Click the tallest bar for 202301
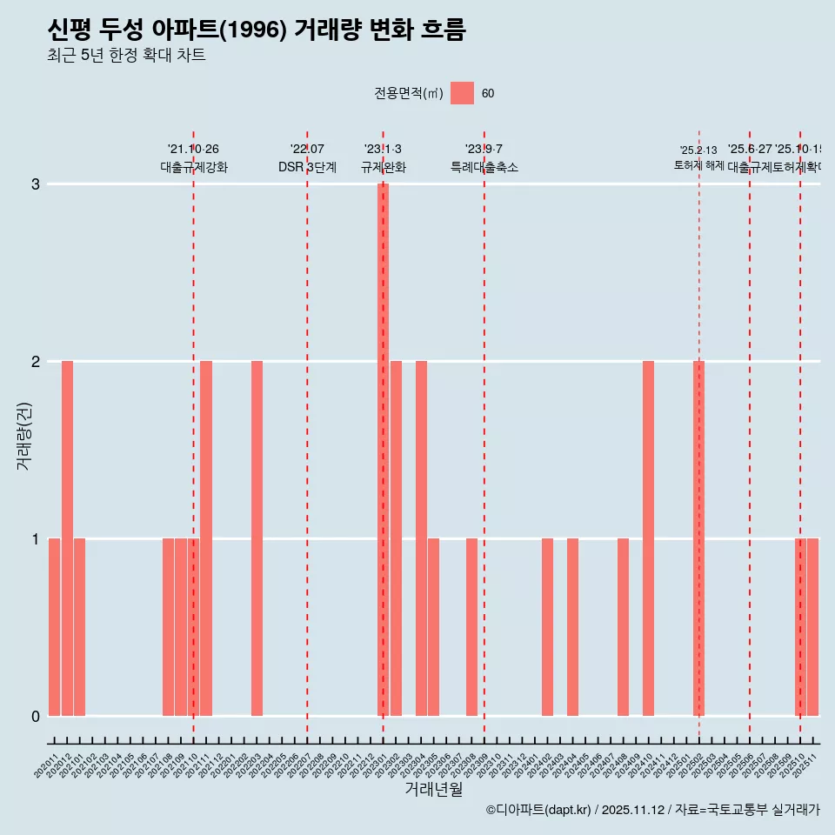click(x=383, y=450)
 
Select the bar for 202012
click(x=67, y=538)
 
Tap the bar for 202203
click(x=257, y=538)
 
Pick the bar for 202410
click(x=648, y=538)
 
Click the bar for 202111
click(x=206, y=538)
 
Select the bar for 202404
click(x=572, y=627)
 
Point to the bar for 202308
click(x=471, y=627)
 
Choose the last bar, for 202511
click(x=812, y=627)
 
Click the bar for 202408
click(x=623, y=627)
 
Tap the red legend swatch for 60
click(x=463, y=93)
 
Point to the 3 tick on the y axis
click(x=36, y=184)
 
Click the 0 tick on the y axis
click(x=36, y=716)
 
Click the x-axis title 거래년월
click(x=433, y=789)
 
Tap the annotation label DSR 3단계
click(x=307, y=167)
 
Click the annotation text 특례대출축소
click(x=484, y=167)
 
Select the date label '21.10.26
click(x=193, y=149)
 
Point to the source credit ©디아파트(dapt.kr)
click(x=539, y=810)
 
